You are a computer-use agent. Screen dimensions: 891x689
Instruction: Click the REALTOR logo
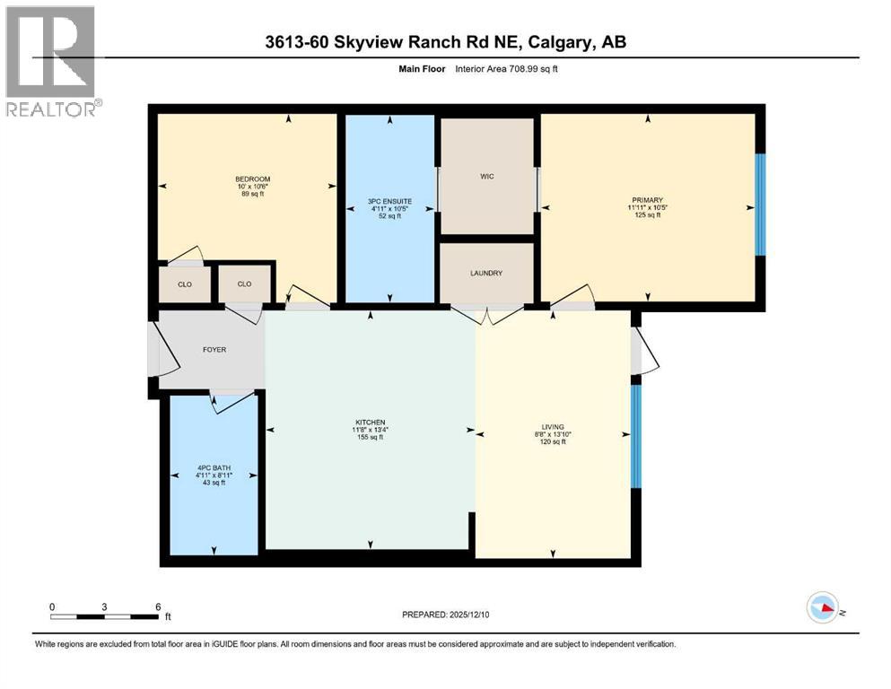click(x=53, y=61)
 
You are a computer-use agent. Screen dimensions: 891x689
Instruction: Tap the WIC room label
click(x=487, y=176)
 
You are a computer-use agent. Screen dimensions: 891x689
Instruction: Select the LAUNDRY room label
click(x=486, y=274)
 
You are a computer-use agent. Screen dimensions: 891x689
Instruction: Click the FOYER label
click(x=214, y=350)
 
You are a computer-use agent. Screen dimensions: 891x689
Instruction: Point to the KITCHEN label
click(x=371, y=423)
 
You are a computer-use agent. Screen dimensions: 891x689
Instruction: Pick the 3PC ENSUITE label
click(x=389, y=202)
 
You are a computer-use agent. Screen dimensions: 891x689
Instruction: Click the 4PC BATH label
click(x=214, y=468)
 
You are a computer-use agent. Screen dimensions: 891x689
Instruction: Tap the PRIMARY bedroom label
click(x=647, y=200)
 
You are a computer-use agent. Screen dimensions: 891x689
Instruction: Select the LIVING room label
click(x=553, y=427)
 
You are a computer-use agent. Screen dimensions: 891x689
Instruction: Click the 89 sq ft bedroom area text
click(x=253, y=194)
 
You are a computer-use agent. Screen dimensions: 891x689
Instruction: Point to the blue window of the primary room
click(x=760, y=205)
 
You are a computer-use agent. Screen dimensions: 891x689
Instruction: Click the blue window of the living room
click(x=636, y=436)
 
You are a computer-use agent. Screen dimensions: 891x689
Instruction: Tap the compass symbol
click(x=823, y=607)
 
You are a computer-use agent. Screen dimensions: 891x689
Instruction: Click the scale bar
click(x=105, y=616)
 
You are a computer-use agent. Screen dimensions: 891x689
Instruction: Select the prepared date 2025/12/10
click(x=469, y=615)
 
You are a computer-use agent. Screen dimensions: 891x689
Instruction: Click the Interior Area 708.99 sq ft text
click(x=506, y=69)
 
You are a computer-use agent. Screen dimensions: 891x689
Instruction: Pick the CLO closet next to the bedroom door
click(x=244, y=284)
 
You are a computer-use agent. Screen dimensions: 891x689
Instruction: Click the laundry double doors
click(x=487, y=316)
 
